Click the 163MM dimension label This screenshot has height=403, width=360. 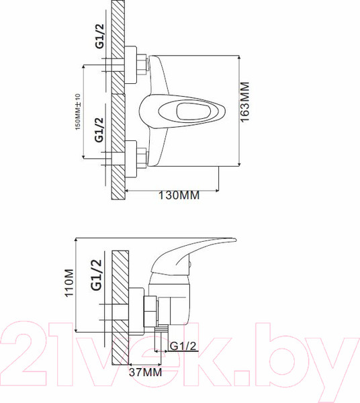coord(244,102)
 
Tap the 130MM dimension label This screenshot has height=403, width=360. coord(179,195)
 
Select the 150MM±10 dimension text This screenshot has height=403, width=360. coord(78,111)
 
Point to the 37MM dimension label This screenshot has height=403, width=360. coord(146,372)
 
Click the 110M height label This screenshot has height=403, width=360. coord(69,283)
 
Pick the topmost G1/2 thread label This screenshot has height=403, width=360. coord(99,36)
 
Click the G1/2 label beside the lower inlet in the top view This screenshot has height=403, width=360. coord(99,130)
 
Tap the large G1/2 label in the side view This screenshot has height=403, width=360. coord(96,275)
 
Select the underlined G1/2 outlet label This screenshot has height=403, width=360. coord(183,346)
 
